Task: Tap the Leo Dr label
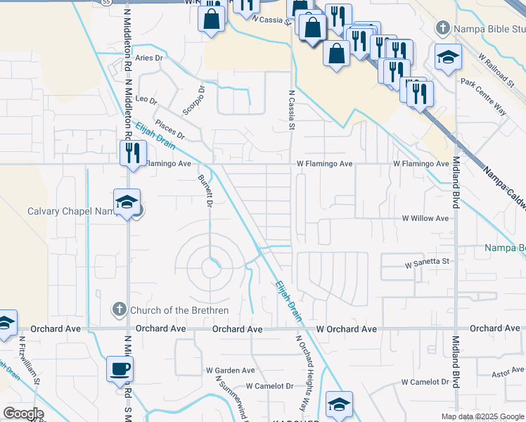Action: (x=146, y=100)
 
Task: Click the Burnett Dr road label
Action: (x=205, y=191)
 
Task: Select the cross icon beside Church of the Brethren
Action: (x=120, y=309)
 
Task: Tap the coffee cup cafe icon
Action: (x=120, y=369)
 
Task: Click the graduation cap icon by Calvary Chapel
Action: (x=127, y=202)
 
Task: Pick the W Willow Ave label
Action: (x=425, y=219)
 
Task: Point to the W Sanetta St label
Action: (x=426, y=262)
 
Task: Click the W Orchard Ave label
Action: (x=346, y=329)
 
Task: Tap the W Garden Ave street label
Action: (x=230, y=370)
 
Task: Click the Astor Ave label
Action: (x=508, y=371)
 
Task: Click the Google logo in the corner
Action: (x=23, y=414)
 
